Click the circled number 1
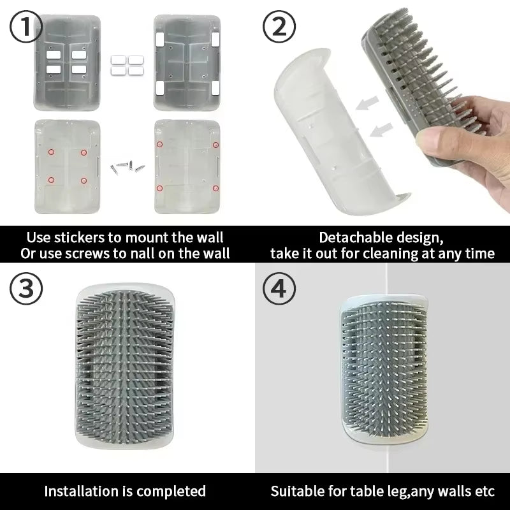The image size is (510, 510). pyautogui.click(x=26, y=28)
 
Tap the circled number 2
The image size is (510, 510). pyautogui.click(x=279, y=28)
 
